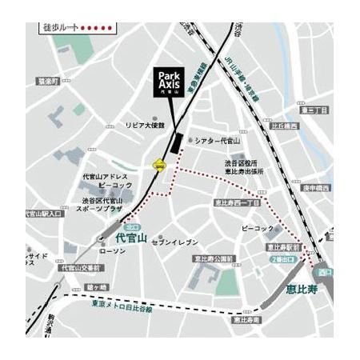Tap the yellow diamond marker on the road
158,166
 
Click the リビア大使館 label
144,126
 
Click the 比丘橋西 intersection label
284,126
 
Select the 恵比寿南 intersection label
246,320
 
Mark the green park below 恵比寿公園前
230,281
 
